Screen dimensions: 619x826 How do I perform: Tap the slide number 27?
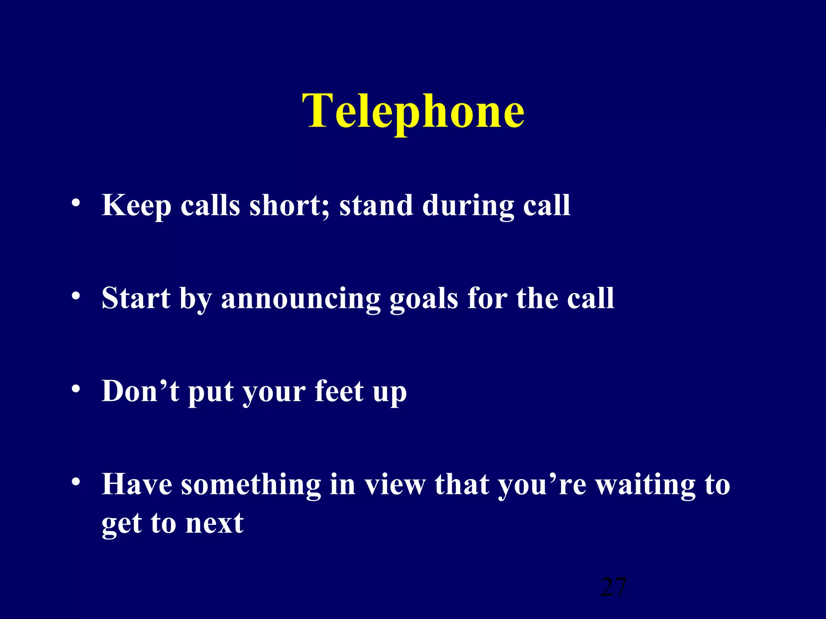pos(613,587)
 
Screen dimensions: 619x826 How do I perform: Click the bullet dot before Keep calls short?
pos(75,203)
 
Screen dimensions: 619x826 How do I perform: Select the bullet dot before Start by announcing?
pos(75,296)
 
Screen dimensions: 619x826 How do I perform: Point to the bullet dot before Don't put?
pos(75,389)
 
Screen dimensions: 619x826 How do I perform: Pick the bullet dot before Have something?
pos(75,482)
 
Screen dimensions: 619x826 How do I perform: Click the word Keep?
pos(136,206)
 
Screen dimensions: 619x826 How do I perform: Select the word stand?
pos(376,206)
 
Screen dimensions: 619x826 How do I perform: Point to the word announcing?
pos(300,299)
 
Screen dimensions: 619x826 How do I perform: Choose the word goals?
pos(423,299)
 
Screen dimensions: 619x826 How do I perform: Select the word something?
pos(250,484)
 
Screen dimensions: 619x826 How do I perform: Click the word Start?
pos(136,298)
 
